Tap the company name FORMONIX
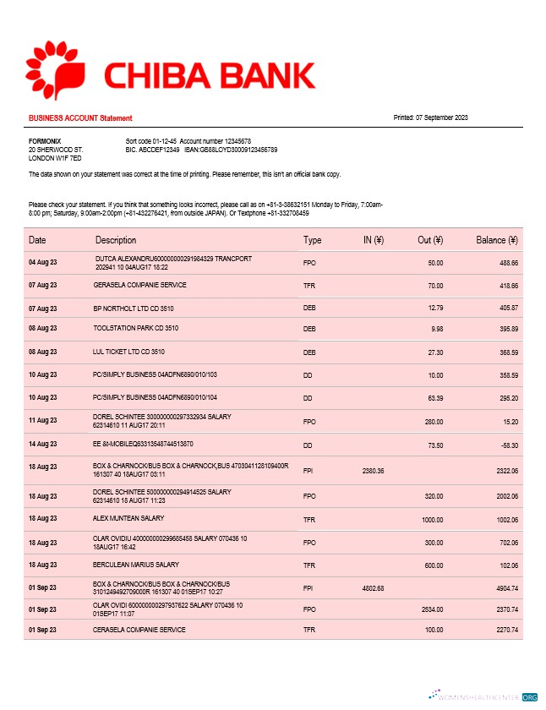click(45, 140)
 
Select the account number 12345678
click(233, 140)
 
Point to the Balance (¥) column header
click(497, 240)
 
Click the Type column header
click(312, 240)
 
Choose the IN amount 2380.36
click(373, 470)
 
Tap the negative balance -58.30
click(506, 444)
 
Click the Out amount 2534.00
click(429, 607)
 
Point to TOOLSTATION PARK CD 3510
click(135, 327)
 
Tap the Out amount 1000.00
click(431, 518)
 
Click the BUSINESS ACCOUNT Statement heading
click(80, 118)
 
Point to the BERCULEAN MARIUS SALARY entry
click(136, 564)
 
